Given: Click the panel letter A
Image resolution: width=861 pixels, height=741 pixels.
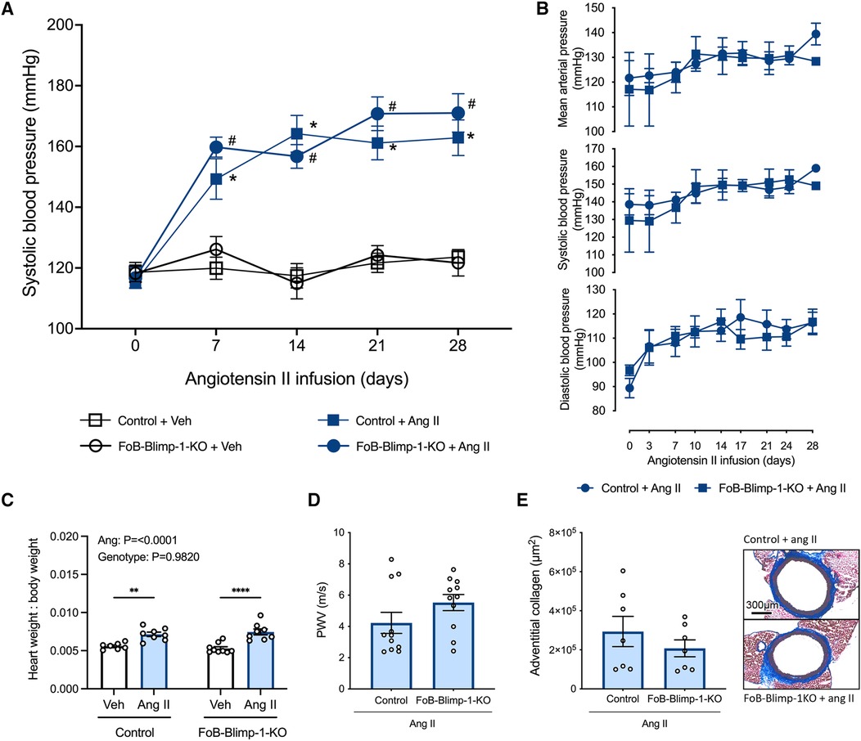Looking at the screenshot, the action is [7, 9].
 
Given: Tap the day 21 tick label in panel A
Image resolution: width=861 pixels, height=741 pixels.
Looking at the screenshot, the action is [376, 345].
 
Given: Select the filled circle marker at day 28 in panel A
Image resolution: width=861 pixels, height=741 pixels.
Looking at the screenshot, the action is [458, 114].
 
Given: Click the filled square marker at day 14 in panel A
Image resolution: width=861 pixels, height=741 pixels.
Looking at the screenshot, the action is [296, 134].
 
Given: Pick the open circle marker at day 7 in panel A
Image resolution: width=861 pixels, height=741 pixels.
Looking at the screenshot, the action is [216, 249].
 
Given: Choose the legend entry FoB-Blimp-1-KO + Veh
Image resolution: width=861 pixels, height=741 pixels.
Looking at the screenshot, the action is [161, 447].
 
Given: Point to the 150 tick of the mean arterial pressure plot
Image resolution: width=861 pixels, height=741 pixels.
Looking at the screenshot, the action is [595, 8].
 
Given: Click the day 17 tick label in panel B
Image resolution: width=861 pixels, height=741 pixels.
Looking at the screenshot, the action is [741, 446].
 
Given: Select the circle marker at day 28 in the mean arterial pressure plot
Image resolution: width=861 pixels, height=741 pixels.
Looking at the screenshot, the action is [815, 34].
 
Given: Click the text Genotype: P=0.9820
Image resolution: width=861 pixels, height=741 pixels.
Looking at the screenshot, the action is [149, 557].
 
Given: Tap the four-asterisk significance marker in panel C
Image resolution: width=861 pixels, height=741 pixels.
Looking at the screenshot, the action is [241, 591].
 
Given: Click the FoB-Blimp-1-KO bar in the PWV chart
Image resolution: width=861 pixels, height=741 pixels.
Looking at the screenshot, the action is [453, 645].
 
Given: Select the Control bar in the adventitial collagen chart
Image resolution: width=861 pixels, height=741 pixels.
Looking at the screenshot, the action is [623, 660].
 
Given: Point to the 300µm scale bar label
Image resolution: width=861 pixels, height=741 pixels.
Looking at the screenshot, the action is [762, 605].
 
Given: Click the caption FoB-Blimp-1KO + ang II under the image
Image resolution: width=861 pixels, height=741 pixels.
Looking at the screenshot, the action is [799, 698].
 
